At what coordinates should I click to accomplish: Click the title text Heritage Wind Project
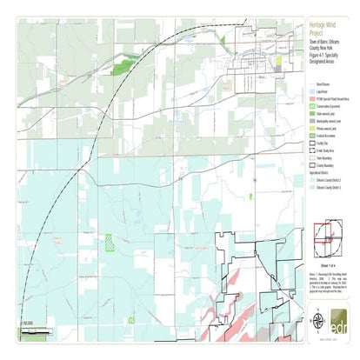click(x=315, y=27)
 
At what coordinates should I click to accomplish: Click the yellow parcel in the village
click(x=277, y=63)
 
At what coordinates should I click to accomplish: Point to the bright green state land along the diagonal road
click(x=123, y=63)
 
